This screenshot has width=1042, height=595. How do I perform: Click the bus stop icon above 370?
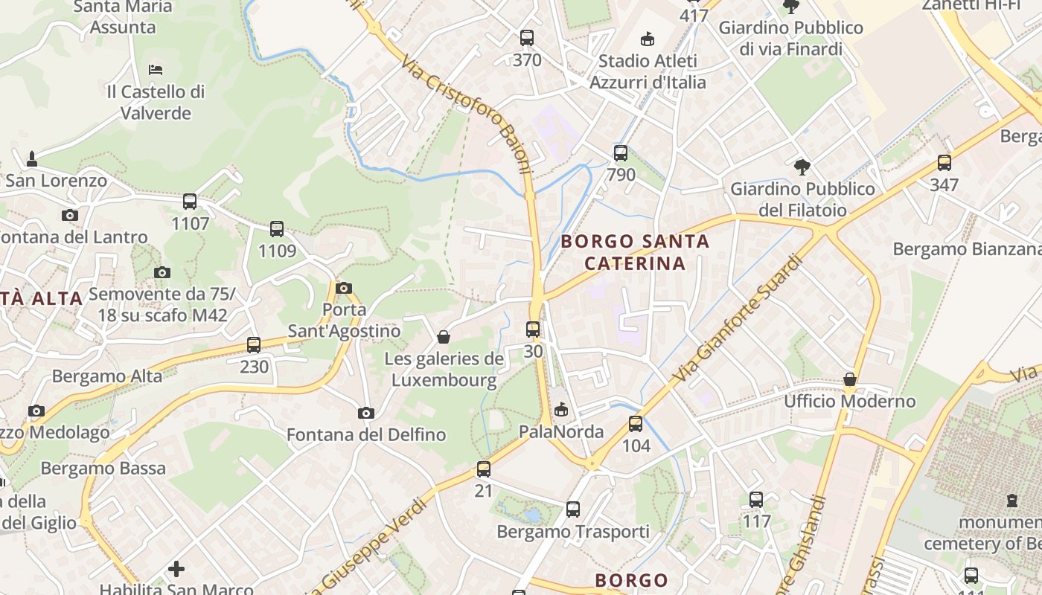pos(527,37)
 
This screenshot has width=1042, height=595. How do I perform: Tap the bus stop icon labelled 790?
pos(621,154)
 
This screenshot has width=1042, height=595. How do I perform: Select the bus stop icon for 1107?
pos(190,201)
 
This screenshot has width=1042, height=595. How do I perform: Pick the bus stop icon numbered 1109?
pos(277,229)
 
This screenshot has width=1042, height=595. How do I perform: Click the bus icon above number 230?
pos(254,345)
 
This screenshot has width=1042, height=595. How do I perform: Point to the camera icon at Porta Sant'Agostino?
pos(344,288)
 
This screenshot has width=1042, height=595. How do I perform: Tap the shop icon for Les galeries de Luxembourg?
pos(444,338)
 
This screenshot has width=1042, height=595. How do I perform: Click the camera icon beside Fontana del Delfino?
pos(365,413)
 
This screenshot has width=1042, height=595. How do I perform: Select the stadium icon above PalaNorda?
pos(561,409)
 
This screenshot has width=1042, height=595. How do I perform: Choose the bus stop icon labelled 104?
pos(636,424)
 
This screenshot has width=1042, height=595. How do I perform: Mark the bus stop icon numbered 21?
pos(484,469)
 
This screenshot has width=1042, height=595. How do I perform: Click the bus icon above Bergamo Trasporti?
pos(572,509)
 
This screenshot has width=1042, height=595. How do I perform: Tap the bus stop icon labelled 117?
pos(756,500)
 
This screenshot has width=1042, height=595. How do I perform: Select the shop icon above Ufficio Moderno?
pos(849,380)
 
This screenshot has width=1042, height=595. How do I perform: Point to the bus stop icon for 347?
pos(944,163)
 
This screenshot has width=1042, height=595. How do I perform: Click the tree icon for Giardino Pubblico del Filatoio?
pos(802,167)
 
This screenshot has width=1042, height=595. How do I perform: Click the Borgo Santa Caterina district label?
pos(635,252)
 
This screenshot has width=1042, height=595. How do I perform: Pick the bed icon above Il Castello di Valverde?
pos(156,70)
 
